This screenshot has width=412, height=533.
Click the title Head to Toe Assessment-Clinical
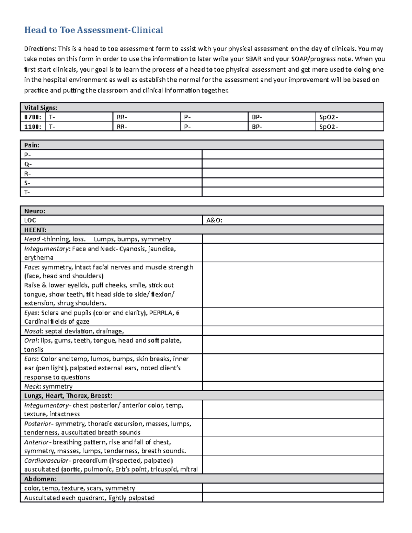pyautogui.click(x=93, y=30)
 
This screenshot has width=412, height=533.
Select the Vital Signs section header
pyautogui.click(x=41, y=107)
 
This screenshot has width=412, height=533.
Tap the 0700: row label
pyautogui.click(x=33, y=117)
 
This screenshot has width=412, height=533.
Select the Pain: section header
pyautogui.click(x=32, y=145)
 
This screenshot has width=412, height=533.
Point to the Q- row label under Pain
pyautogui.click(x=28, y=164)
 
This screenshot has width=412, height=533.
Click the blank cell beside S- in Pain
pyautogui.click(x=293, y=183)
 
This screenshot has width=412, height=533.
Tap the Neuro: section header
pyautogui.click(x=35, y=211)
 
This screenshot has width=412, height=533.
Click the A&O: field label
pyautogui.click(x=214, y=220)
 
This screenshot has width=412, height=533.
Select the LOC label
pyautogui.click(x=30, y=220)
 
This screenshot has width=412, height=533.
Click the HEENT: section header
pyautogui.click(x=35, y=230)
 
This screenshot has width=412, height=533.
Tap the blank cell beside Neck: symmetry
pyautogui.click(x=293, y=386)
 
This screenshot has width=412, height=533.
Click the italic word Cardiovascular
pyautogui.click(x=46, y=461)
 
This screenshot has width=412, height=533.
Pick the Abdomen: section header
pyautogui.click(x=40, y=479)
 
